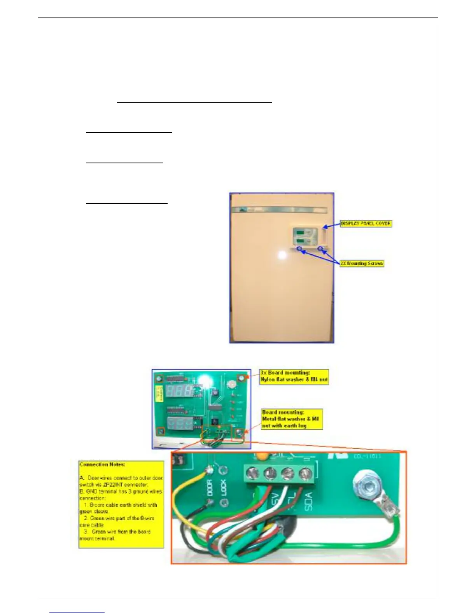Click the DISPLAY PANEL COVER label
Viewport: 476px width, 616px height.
(366, 224)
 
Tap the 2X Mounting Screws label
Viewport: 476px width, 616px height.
(362, 263)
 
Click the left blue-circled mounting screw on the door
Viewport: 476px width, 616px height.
(299, 249)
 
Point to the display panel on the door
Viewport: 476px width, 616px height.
(306, 236)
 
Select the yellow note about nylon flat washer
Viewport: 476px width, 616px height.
(294, 377)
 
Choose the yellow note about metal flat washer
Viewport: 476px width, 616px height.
(292, 419)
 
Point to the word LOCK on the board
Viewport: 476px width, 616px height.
(224, 488)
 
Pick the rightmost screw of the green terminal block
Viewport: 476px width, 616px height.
(305, 474)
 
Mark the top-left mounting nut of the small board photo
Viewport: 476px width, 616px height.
(159, 378)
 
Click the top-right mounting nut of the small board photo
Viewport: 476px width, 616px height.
(242, 378)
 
